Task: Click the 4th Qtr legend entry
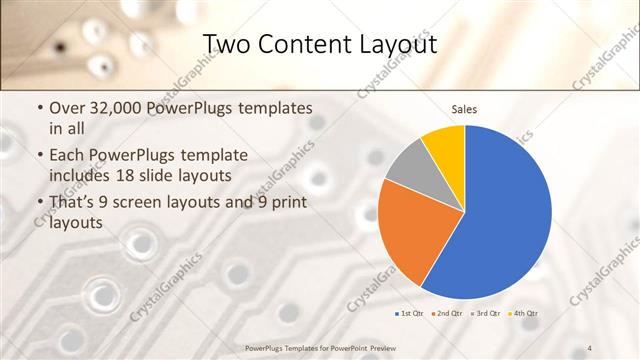pos(523,314)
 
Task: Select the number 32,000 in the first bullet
pos(124,108)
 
